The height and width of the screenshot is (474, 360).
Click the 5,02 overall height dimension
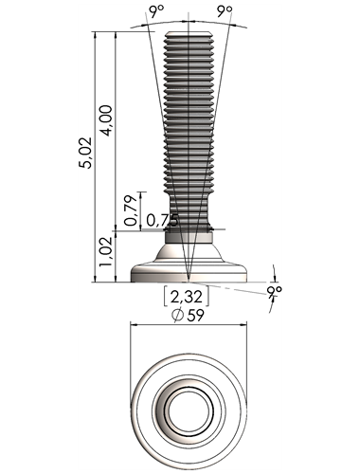[x=86, y=153]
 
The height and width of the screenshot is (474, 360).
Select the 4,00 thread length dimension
[x=107, y=120]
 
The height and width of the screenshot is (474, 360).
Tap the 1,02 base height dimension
[x=105, y=251]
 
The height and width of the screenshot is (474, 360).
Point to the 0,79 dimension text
[x=132, y=210]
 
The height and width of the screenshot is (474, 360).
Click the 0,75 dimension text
[x=162, y=220]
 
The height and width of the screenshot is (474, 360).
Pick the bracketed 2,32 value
[x=187, y=297]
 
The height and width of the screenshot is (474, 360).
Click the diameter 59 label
[x=188, y=316]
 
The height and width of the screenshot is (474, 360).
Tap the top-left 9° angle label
[x=157, y=11]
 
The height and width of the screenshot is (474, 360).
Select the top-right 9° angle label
[x=225, y=11]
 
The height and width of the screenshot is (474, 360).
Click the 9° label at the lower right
[x=274, y=291]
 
